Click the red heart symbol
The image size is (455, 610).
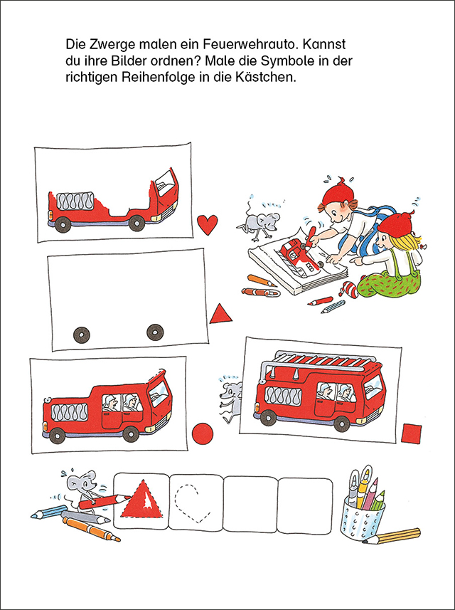point(207,225)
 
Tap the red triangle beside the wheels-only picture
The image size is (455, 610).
point(221,313)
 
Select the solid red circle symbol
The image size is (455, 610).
point(203,433)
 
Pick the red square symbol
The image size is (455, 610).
point(412,433)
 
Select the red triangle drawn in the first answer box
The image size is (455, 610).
point(143,500)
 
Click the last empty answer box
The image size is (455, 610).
point(305,505)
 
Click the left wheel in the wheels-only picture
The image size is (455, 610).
point(82,333)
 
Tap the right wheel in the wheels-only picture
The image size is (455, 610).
point(154,332)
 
